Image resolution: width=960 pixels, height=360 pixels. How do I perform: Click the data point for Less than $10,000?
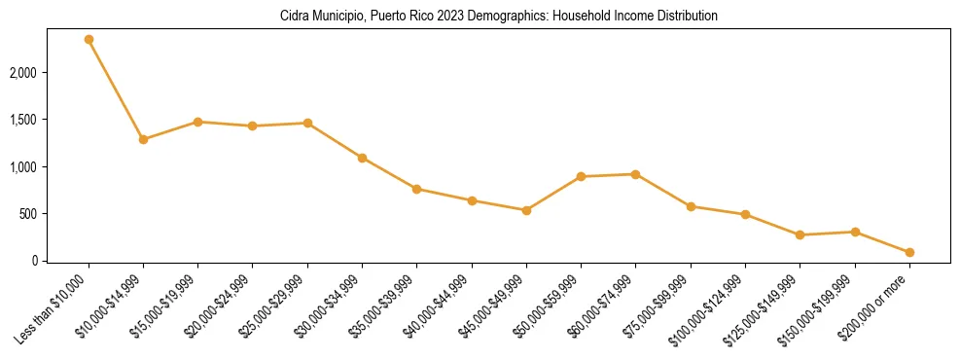(89, 40)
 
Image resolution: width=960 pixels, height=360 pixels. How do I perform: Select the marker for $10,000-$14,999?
(143, 139)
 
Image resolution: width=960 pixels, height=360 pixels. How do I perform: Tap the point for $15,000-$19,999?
(197, 122)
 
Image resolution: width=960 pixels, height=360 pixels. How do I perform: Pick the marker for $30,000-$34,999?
(362, 158)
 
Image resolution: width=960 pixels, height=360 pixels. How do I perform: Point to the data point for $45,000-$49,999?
(526, 210)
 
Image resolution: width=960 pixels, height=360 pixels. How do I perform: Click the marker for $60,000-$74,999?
(635, 174)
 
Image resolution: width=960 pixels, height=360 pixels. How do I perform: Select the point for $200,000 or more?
(909, 252)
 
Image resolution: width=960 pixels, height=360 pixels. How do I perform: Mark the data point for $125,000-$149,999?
(800, 234)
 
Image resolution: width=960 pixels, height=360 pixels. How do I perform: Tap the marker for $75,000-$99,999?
(691, 206)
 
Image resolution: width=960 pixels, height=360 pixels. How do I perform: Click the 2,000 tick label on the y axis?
(23, 73)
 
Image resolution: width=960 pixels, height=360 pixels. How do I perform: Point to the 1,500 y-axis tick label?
(23, 120)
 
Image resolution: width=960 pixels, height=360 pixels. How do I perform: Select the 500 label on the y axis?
(28, 214)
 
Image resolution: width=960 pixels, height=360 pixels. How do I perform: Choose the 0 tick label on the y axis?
(33, 261)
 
